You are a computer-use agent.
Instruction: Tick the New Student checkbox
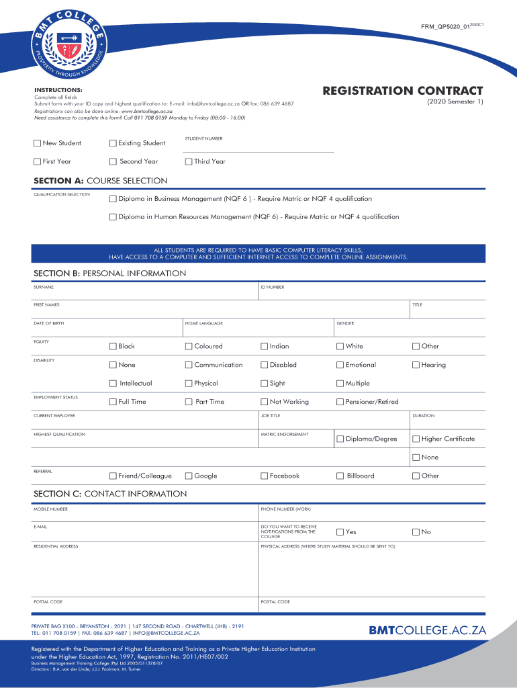click(x=38, y=143)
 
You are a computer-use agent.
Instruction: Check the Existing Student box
click(x=113, y=143)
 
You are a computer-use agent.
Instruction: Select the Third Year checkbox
click(x=189, y=161)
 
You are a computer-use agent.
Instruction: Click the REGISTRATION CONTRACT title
click(x=402, y=91)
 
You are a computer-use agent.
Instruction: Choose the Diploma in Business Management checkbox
click(x=113, y=199)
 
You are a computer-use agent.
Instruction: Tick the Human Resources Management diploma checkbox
click(x=113, y=217)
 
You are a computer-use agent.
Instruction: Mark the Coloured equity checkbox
click(x=189, y=347)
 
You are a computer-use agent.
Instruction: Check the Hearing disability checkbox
click(x=416, y=365)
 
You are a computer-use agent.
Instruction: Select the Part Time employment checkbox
click(x=189, y=402)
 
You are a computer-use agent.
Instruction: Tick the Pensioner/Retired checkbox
click(x=340, y=402)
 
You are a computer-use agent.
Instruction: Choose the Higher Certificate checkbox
click(x=416, y=439)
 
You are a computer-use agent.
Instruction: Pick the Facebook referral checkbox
click(x=264, y=476)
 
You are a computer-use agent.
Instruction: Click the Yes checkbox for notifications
click(x=340, y=532)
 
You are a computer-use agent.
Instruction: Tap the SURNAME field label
click(x=44, y=287)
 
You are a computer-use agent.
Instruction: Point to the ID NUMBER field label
click(x=272, y=287)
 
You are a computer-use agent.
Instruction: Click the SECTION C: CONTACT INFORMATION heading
click(x=110, y=494)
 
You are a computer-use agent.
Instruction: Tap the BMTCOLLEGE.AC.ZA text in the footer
click(x=427, y=630)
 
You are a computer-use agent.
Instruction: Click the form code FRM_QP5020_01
click(x=444, y=26)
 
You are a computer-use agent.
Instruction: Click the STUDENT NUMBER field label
click(x=203, y=138)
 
